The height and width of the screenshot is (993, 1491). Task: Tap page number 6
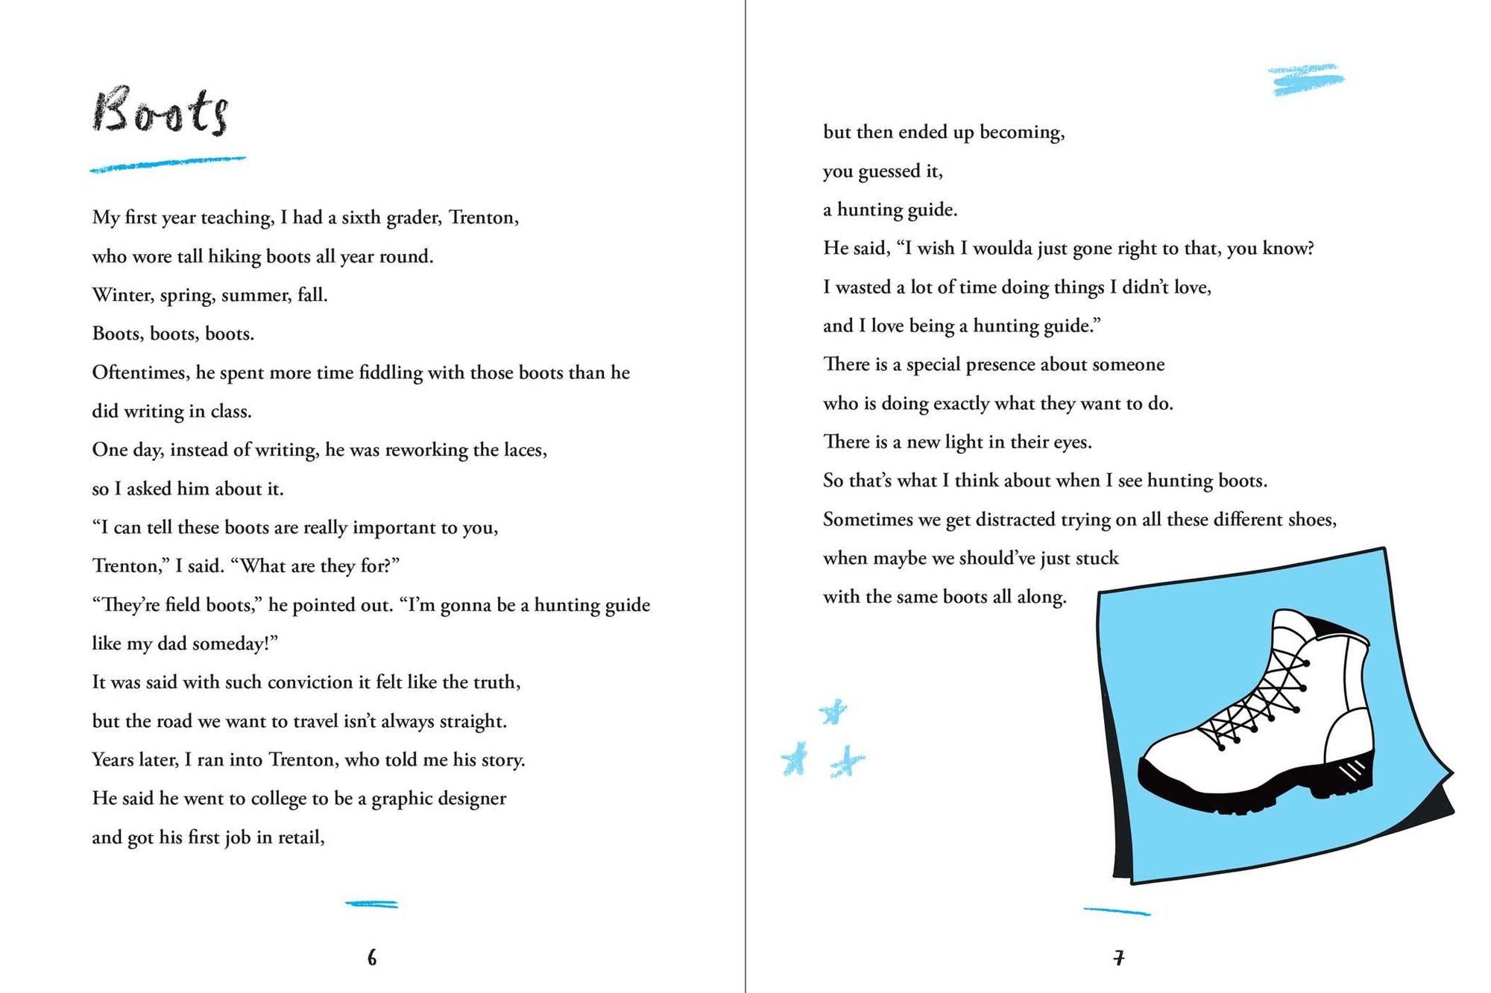point(372,958)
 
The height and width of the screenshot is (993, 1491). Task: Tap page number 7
point(1118,958)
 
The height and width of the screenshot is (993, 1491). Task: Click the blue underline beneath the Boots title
point(167,164)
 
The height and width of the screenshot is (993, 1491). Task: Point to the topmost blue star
point(833,711)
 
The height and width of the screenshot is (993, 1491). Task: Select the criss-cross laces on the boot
point(1260,700)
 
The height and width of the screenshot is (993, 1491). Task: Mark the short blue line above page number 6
point(371,904)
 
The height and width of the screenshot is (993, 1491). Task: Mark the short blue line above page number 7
point(1116,911)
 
